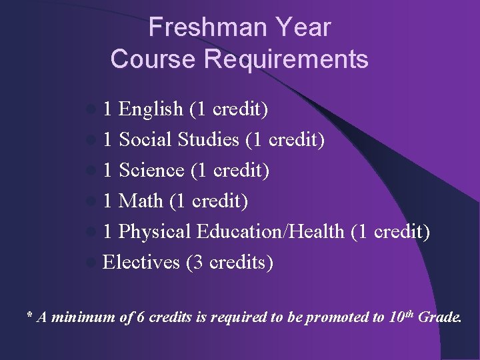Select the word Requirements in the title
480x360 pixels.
pyautogui.click(x=286, y=59)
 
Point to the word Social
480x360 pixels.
pyautogui.click(x=146, y=139)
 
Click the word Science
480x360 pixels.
pyautogui.click(x=151, y=170)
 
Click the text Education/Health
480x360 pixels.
pyautogui.click(x=271, y=231)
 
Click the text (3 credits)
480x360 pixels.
pyautogui.click(x=230, y=262)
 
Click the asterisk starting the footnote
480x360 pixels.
pyautogui.click(x=29, y=316)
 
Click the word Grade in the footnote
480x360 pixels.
pyautogui.click(x=439, y=317)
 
